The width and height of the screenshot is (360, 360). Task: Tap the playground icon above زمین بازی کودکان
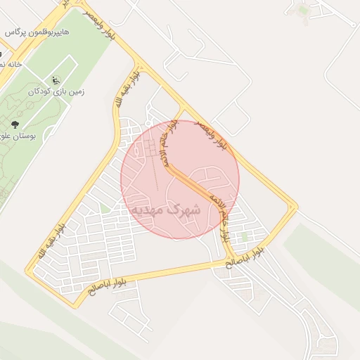click(x=56, y=81)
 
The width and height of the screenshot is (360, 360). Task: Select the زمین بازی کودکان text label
click(x=56, y=92)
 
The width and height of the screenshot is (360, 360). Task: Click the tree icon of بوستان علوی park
click(x=15, y=125)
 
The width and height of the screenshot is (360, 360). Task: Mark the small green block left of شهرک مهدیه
click(x=105, y=208)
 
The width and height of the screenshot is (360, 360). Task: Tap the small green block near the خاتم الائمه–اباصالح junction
click(x=244, y=238)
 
